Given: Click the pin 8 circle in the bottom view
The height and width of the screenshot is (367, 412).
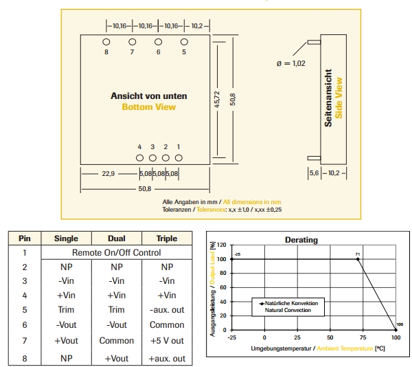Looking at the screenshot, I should [106, 41].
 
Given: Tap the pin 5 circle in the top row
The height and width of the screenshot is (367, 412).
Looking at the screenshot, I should [184, 41].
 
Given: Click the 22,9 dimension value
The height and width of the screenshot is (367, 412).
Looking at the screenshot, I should [108, 174].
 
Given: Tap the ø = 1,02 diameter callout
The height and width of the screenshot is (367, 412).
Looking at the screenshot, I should [290, 63].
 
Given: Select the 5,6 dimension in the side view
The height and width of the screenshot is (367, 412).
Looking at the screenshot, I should [314, 174].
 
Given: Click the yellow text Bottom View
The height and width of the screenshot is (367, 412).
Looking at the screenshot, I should [148, 107].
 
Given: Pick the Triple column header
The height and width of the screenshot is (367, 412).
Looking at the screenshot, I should [167, 238].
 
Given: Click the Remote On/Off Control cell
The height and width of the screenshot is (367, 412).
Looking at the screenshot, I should [117, 252].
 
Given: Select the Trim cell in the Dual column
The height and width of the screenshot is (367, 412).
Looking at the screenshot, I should [117, 310].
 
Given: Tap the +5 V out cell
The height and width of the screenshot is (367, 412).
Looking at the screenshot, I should [167, 340].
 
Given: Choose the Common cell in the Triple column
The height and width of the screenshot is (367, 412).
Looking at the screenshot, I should [167, 325].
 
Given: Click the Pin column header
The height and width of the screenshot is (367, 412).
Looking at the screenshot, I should [25, 238].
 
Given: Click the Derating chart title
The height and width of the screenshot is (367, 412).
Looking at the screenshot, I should [301, 240].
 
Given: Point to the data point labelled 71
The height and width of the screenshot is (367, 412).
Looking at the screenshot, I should [358, 259].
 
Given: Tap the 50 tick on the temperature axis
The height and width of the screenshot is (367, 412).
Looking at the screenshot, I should [330, 338].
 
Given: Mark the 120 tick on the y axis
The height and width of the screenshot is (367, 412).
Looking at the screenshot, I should [221, 245].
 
